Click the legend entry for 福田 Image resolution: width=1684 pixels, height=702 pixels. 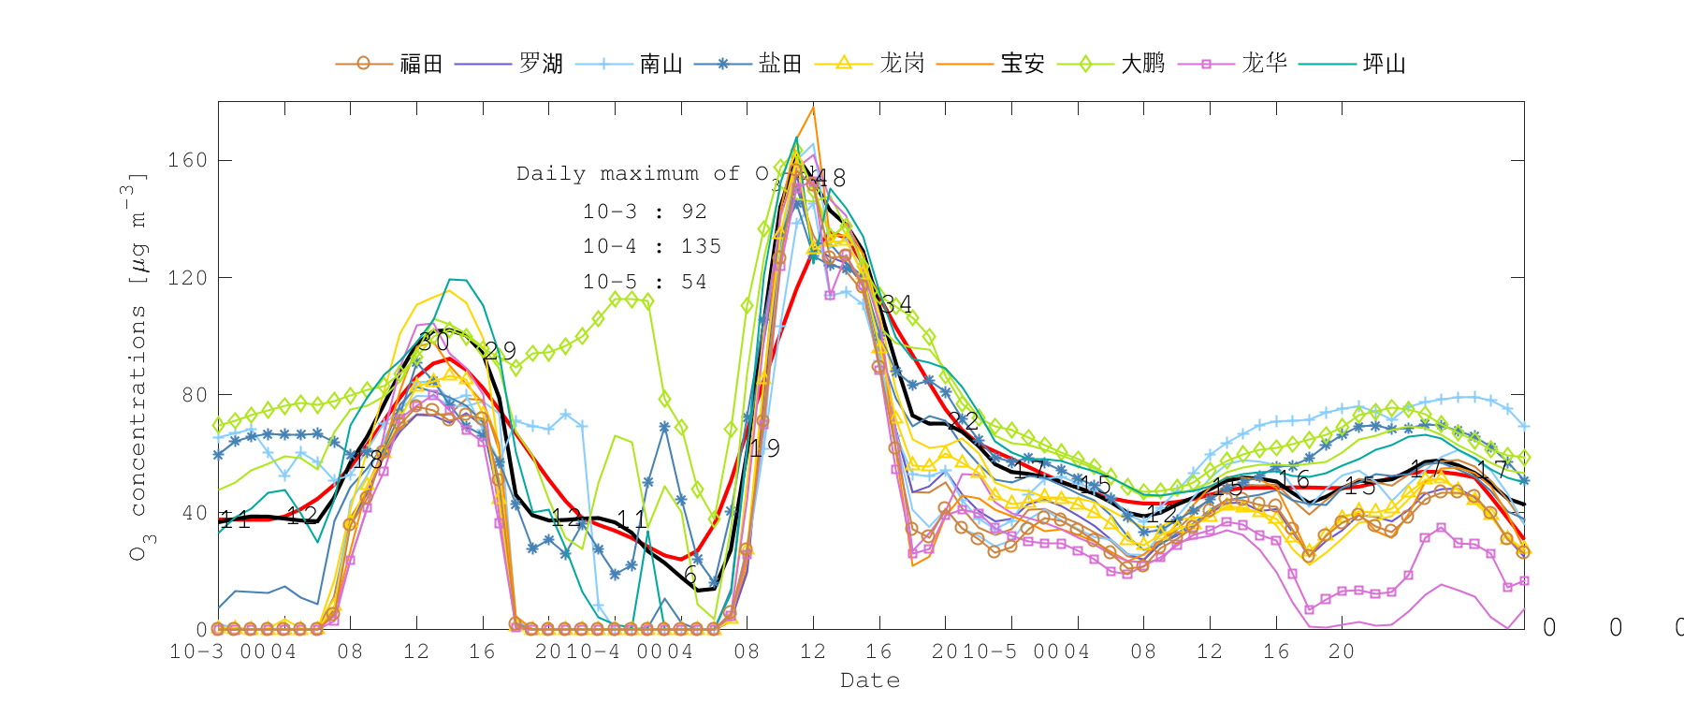420,64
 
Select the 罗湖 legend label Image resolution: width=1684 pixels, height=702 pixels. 541,64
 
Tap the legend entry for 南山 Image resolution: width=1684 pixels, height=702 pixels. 661,64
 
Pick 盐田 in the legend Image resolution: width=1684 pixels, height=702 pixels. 780,64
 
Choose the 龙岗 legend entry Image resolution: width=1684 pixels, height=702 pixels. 902,64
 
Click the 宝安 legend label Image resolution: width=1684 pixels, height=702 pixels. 1023,64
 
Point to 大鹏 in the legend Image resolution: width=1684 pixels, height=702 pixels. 1143,64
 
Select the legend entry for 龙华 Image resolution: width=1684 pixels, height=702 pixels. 1264,64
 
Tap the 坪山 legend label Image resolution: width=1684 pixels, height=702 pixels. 1385,64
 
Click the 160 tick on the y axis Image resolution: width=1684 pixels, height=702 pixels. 187,160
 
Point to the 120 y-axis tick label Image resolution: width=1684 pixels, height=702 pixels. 187,278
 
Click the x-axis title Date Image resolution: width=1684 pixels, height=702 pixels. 870,680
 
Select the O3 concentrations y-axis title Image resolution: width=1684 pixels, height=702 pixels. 138,365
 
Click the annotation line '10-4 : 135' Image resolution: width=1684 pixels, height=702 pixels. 652,246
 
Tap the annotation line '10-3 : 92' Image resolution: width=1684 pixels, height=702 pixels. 645,212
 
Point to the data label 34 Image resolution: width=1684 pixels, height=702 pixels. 896,304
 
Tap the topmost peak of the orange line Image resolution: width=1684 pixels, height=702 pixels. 814,108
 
